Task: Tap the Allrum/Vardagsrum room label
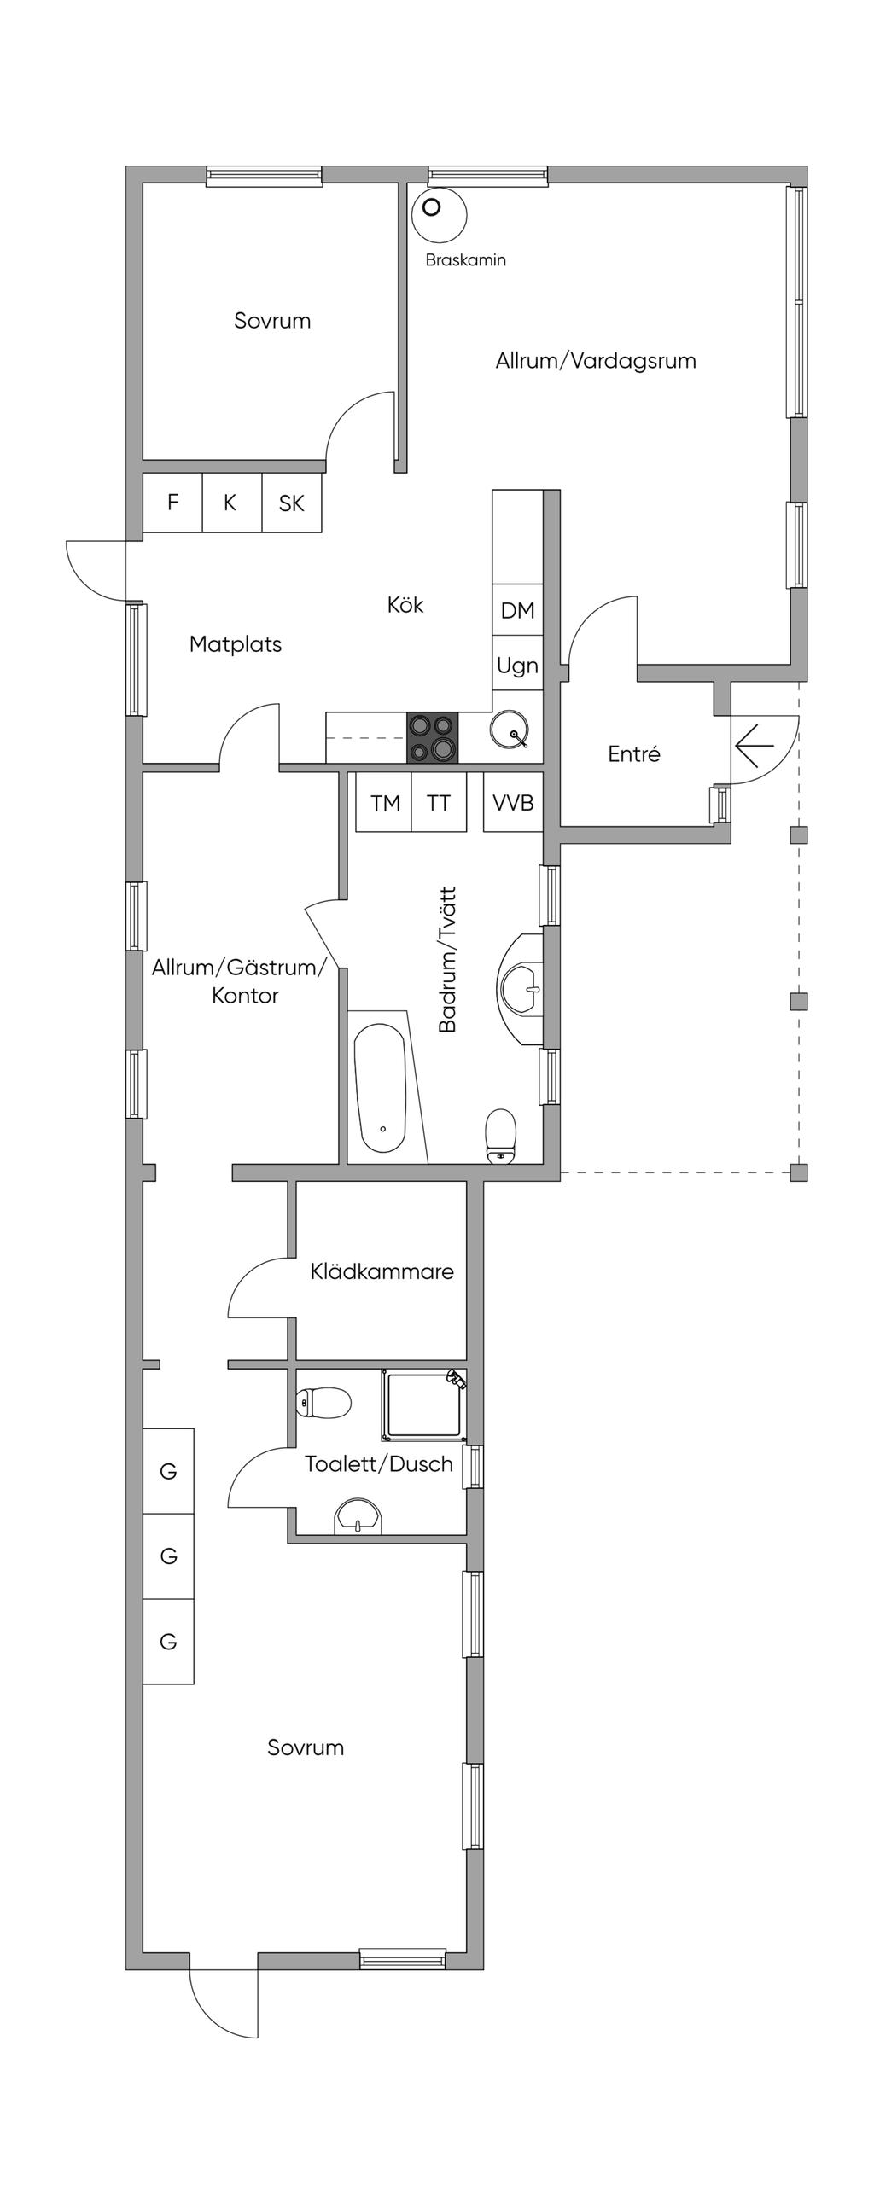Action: pos(595,360)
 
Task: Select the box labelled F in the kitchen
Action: pos(172,503)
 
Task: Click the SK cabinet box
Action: pos(291,503)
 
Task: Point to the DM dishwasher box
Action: pos(517,610)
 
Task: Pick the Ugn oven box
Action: pos(517,665)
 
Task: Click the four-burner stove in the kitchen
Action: pos(431,737)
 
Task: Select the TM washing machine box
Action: pos(384,803)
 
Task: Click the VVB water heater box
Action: pos(513,803)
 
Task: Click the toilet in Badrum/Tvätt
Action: pos(501,1137)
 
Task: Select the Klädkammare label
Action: pos(382,1271)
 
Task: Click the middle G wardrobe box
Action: pos(169,1556)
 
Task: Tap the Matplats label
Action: pos(236,644)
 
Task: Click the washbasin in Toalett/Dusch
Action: pos(358,1516)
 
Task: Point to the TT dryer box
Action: pos(439,803)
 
